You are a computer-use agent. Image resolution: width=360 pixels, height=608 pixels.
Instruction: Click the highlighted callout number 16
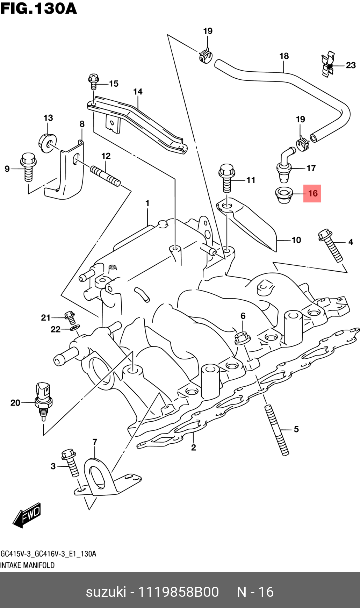pyautogui.click(x=312, y=193)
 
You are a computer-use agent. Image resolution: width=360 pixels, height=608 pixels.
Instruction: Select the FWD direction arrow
pyautogui.click(x=27, y=515)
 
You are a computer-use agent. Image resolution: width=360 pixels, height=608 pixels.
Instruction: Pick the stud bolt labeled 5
pyautogui.click(x=278, y=430)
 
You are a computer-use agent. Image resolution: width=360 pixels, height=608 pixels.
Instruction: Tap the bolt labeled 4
pyautogui.click(x=330, y=245)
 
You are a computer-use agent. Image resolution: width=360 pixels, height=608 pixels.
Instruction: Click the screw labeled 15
pyautogui.click(x=93, y=82)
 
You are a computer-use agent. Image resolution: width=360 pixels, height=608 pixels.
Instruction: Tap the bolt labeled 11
pyautogui.click(x=226, y=178)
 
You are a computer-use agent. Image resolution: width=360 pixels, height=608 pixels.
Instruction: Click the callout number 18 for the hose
pyautogui.click(x=284, y=56)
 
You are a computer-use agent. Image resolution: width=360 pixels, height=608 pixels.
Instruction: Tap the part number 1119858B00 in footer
pyautogui.click(x=179, y=592)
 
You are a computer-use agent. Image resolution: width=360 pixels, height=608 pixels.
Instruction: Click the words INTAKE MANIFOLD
pyautogui.click(x=27, y=565)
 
